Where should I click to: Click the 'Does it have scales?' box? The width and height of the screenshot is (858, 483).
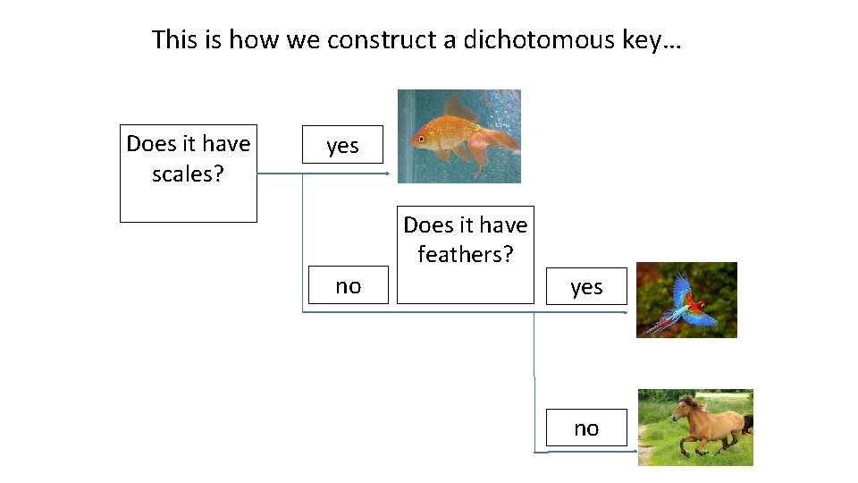(189, 173)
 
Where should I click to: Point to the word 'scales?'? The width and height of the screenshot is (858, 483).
(189, 174)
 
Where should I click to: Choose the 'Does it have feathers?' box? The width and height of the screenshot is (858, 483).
(465, 255)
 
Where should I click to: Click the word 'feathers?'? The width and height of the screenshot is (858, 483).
(465, 255)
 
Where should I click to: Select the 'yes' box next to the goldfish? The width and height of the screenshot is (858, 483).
(342, 146)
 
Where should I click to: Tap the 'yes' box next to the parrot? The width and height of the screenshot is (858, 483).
(586, 286)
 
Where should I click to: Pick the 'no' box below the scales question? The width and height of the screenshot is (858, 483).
(348, 285)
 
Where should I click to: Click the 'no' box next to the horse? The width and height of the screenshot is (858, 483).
(586, 428)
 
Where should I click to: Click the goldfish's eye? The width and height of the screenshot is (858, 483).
(420, 139)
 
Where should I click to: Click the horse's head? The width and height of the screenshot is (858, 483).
(683, 411)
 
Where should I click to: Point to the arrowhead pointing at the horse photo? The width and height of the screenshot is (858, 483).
(633, 452)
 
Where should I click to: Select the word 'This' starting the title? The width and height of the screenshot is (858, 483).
(173, 40)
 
